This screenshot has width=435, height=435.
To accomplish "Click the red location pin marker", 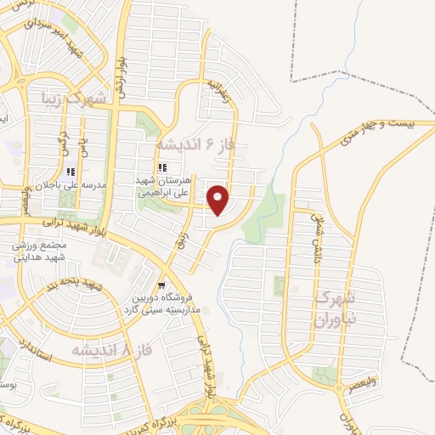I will pos(218,199).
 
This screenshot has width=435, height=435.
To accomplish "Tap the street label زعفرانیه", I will pos(217,92).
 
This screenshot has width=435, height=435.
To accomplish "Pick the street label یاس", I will pos(83,150).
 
